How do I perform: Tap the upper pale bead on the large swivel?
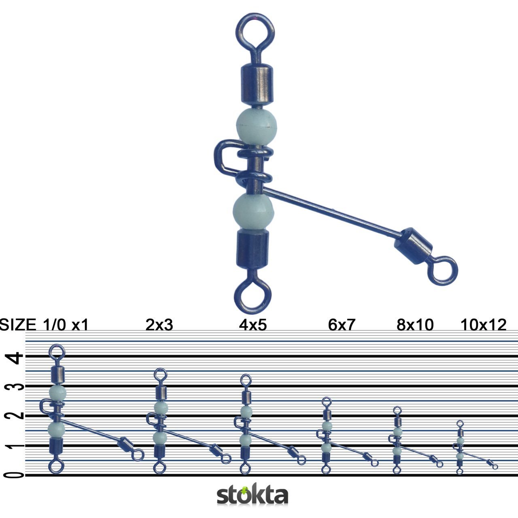[254, 127]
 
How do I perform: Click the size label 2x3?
[159, 325]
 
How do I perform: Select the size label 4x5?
[253, 325]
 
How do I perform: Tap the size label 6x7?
[342, 325]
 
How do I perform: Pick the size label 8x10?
[415, 325]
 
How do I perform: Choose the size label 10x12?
[483, 325]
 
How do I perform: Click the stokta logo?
[253, 495]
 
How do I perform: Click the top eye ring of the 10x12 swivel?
[460, 424]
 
